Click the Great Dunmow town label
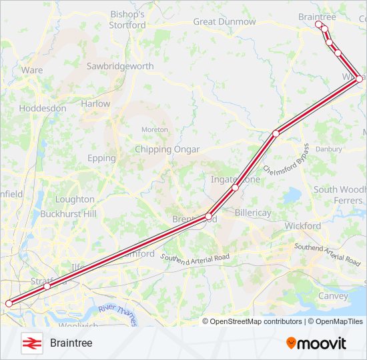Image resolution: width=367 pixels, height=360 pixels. coord(224,21)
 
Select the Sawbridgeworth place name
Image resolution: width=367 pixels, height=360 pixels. coord(120,66)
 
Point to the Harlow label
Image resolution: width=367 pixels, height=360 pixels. coord(95,104)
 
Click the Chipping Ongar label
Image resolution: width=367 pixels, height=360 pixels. coord(167,149)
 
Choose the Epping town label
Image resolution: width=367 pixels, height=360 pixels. coord(101,158)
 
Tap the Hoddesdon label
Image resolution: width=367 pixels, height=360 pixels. coord(43,108)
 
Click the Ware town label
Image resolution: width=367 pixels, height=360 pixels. coord(32,70)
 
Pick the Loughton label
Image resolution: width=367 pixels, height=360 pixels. coord(75,199)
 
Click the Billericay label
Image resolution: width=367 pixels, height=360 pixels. coord(253,213)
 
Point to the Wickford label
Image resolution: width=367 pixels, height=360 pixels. coord(303,226)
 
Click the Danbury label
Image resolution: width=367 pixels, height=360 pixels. coord(328,149)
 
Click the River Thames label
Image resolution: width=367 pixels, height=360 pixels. coord(117,314)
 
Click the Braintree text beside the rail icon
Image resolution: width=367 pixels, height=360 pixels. coord(71,343)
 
